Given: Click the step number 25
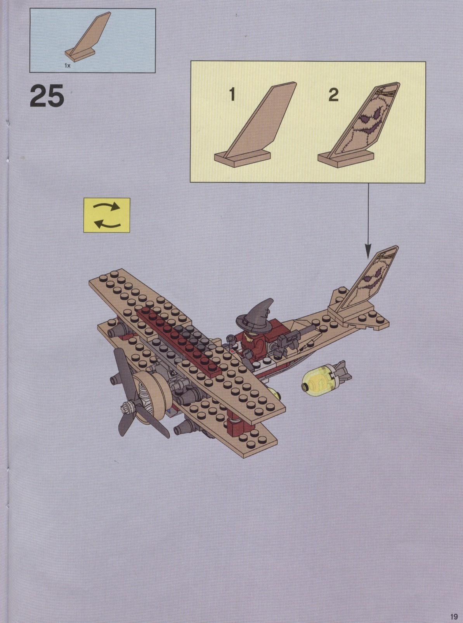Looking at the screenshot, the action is [x=47, y=96].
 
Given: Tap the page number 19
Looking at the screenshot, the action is [x=454, y=615].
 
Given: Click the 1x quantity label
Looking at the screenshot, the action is [x=68, y=66].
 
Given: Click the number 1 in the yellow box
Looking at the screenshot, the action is [x=232, y=95].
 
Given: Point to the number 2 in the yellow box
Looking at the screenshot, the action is [x=333, y=95].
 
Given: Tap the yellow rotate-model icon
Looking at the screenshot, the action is [x=107, y=215].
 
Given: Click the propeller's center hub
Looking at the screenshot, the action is [x=127, y=407].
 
